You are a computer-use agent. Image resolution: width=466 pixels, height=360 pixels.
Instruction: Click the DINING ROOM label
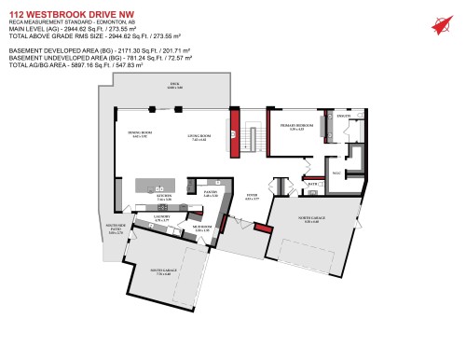click(140, 136)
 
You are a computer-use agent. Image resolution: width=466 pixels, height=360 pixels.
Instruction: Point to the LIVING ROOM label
click(198, 138)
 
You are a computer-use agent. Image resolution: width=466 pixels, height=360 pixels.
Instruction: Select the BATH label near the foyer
click(312, 184)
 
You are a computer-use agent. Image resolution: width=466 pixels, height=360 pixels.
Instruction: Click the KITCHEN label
click(164, 198)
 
